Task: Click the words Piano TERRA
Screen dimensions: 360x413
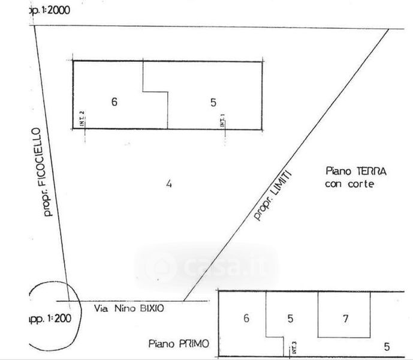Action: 356,172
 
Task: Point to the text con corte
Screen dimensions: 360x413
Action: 349,184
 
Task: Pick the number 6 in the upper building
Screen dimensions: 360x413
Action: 114,101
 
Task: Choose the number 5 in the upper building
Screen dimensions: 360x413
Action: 213,102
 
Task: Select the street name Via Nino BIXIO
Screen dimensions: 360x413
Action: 129,308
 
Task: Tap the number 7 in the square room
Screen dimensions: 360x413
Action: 345,319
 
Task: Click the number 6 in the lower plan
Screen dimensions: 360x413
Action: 246,318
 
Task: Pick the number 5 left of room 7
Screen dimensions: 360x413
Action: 290,319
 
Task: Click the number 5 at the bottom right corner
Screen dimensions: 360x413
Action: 387,346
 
